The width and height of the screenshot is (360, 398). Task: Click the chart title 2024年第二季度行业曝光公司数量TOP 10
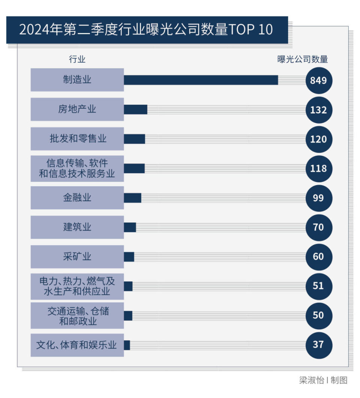click(146, 30)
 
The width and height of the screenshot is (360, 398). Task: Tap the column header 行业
click(77, 59)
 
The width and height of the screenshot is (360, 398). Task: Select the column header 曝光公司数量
click(303, 59)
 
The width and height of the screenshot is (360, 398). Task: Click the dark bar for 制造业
click(201, 80)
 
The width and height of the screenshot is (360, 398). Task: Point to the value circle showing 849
click(318, 80)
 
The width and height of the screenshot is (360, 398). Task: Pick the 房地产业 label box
click(77, 109)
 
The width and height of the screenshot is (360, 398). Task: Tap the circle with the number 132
click(318, 110)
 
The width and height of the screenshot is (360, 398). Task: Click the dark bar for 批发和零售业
click(134, 139)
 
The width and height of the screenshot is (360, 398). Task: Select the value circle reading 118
click(318, 168)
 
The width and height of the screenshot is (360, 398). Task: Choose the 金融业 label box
click(77, 197)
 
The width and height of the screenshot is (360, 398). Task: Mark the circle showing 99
click(318, 197)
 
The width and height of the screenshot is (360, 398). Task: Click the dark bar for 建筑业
click(130, 227)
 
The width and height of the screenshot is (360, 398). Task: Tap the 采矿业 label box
click(77, 256)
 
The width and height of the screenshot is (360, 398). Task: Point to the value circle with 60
click(318, 256)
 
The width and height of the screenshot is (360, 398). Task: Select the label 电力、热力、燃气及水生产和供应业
click(77, 286)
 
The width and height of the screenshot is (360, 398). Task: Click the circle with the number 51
click(318, 286)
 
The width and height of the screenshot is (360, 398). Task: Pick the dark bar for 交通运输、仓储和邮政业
click(128, 315)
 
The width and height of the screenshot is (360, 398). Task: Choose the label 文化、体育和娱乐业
click(77, 345)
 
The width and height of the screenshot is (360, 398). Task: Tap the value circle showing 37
click(318, 344)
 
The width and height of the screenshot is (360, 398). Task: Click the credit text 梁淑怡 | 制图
click(323, 380)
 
